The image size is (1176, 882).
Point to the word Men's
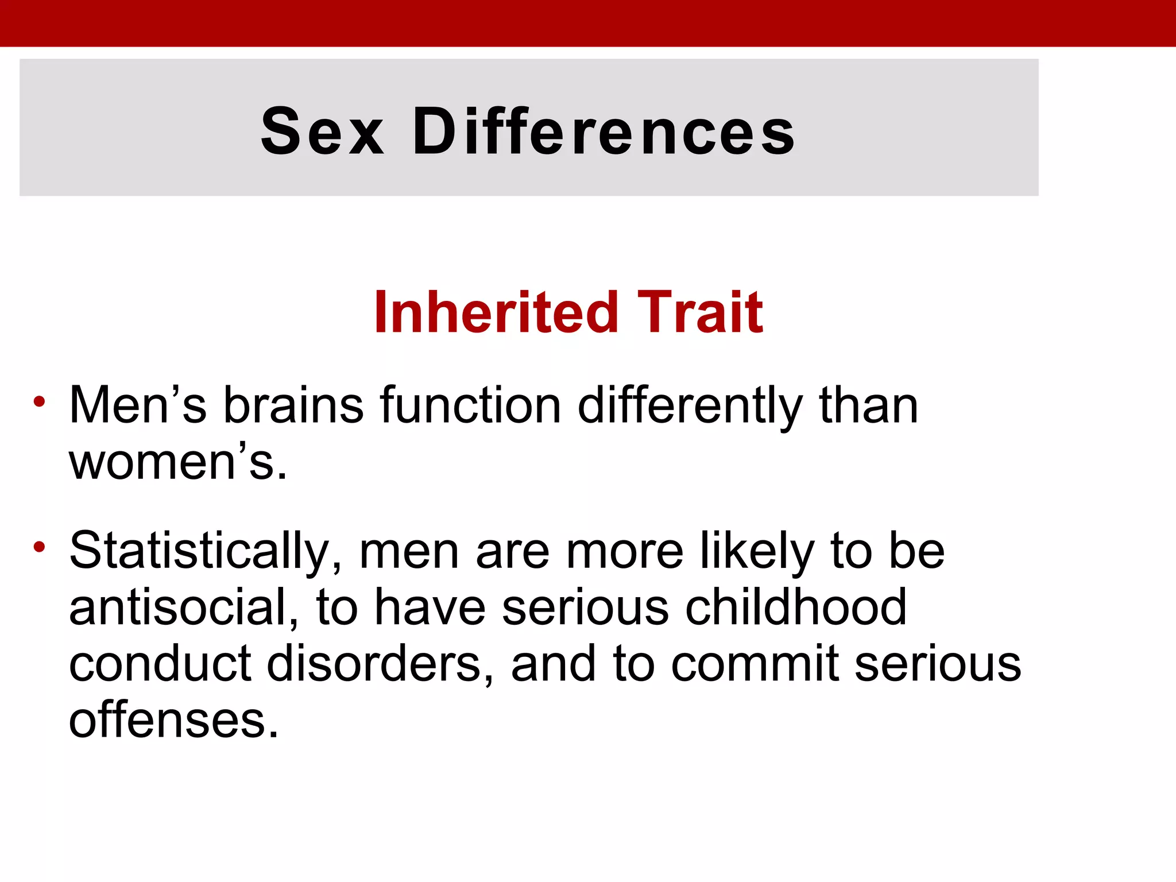137,405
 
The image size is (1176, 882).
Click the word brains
293,405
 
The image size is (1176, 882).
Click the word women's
178,462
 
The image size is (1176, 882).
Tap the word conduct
160,664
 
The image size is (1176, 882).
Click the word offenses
173,720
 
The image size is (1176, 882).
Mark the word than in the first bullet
868,405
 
